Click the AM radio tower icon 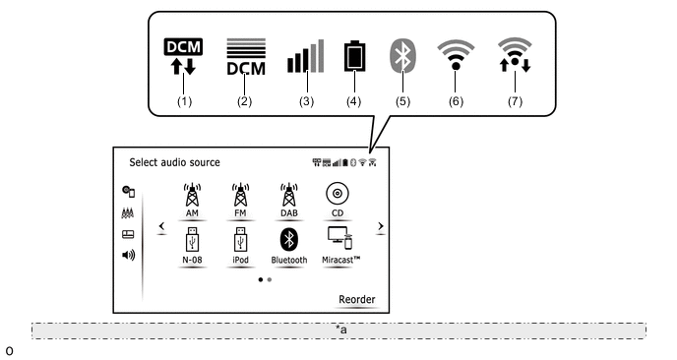(192, 195)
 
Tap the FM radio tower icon (240, 195)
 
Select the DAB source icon (289, 195)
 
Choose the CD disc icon (338, 194)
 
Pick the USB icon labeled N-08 (193, 240)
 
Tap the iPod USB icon (241, 240)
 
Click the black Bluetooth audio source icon (289, 240)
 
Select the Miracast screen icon (339, 238)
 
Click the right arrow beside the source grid (381, 226)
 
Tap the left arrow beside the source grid (162, 226)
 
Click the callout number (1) (184, 101)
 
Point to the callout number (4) (353, 101)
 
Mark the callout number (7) (515, 101)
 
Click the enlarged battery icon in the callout (355, 56)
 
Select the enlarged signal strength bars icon (306, 56)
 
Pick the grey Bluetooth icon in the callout (402, 56)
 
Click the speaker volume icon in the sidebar (129, 255)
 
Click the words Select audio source (174, 162)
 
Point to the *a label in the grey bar (341, 330)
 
